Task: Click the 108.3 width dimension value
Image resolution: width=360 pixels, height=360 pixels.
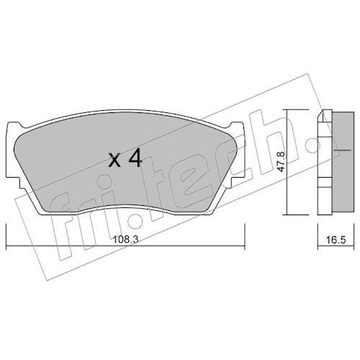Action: click(125, 240)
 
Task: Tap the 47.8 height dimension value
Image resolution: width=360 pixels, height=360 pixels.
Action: click(282, 161)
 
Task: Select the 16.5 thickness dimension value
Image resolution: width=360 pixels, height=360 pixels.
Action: click(336, 240)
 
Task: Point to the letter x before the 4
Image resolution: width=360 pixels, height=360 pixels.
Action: click(114, 161)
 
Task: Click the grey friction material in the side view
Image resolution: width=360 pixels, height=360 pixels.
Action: click(343, 163)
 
